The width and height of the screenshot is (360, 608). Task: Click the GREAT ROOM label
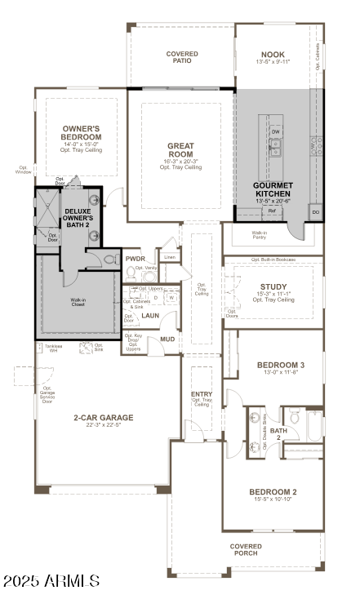click(180, 150)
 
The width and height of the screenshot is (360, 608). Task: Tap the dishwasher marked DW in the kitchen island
click(276, 131)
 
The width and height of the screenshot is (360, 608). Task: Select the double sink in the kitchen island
click(276, 147)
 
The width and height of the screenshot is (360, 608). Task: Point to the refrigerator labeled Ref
click(273, 211)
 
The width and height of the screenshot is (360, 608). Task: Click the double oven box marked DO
click(315, 211)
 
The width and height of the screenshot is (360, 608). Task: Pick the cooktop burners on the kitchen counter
click(314, 146)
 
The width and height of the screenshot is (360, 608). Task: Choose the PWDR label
click(136, 259)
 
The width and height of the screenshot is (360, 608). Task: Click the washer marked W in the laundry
click(172, 297)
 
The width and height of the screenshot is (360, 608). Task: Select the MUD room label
click(167, 339)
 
